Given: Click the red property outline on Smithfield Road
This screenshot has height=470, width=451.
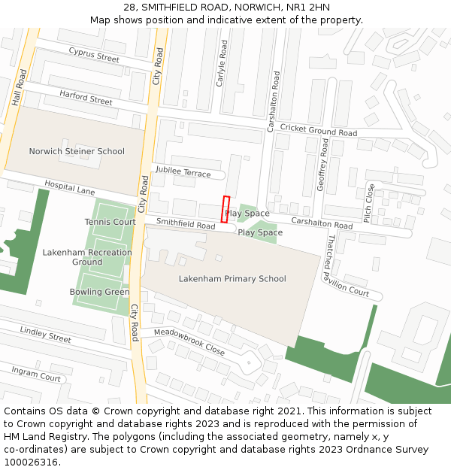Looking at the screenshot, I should click(225, 209).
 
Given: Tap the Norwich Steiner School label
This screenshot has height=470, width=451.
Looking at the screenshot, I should click(77, 151).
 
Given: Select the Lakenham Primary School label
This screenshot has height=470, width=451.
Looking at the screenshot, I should click(232, 279).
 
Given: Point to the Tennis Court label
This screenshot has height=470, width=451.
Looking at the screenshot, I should click(110, 222).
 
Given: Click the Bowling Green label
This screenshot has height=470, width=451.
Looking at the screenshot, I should click(99, 292).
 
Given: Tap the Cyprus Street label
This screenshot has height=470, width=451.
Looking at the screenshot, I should click(94, 54).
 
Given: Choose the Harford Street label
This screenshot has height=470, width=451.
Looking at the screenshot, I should click(86, 98).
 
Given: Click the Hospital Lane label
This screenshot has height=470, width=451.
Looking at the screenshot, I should click(69, 187).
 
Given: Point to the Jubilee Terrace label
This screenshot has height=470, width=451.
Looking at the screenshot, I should click(183, 172).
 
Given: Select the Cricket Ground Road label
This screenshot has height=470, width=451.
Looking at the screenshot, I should click(318, 129).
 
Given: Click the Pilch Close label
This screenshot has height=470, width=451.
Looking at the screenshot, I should click(368, 202).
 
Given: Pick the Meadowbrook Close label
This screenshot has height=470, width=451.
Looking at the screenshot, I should click(189, 342).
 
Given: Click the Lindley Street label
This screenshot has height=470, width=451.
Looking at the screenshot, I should click(45, 334).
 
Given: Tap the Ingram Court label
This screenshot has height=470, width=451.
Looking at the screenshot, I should click(35, 373).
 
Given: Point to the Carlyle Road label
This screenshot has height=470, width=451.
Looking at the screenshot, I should click(221, 62).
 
